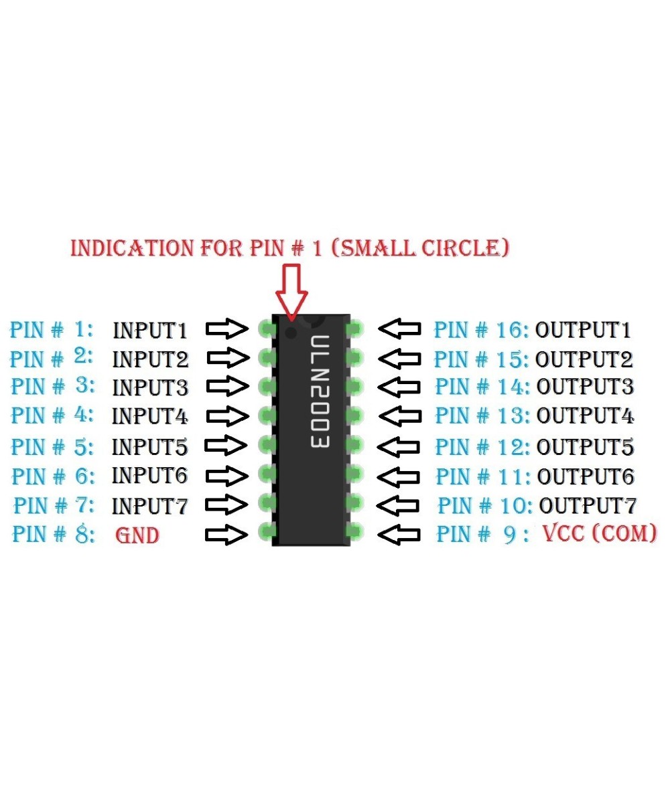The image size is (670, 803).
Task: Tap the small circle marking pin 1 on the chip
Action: coord(290,333)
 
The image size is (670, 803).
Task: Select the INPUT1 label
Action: coord(150,330)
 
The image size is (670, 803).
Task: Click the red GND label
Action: coord(137,535)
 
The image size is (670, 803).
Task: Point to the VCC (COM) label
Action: coord(599,534)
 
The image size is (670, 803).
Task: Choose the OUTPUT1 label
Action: coord(583,330)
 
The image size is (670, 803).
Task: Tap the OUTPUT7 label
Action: coord(588,504)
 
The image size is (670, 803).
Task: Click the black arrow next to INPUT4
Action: coord(227,416)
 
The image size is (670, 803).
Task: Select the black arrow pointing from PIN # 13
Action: coord(400,416)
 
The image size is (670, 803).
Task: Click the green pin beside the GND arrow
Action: coord(267,533)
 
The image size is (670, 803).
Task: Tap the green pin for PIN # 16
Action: coord(354,328)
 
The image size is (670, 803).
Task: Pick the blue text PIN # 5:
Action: coord(53,446)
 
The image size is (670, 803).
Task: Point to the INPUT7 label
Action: coord(150,505)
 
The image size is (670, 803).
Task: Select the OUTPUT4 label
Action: coord(586,416)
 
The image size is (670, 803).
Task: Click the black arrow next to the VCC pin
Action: coord(400,535)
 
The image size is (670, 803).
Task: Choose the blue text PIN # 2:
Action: coord(52,358)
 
